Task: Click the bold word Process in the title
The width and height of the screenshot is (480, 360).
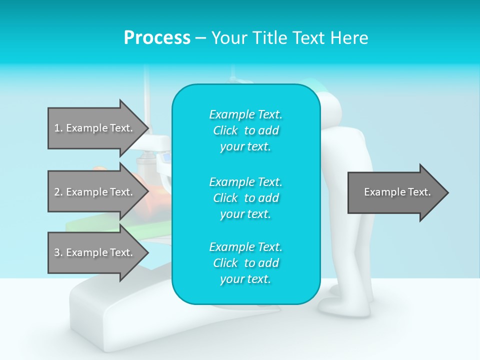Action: (157, 38)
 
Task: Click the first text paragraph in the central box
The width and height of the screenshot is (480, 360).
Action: (245, 130)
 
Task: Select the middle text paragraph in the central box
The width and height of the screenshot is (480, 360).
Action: (245, 198)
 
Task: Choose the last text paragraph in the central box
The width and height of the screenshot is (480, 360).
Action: (245, 263)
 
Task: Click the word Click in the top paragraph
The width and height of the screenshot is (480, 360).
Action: (225, 131)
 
